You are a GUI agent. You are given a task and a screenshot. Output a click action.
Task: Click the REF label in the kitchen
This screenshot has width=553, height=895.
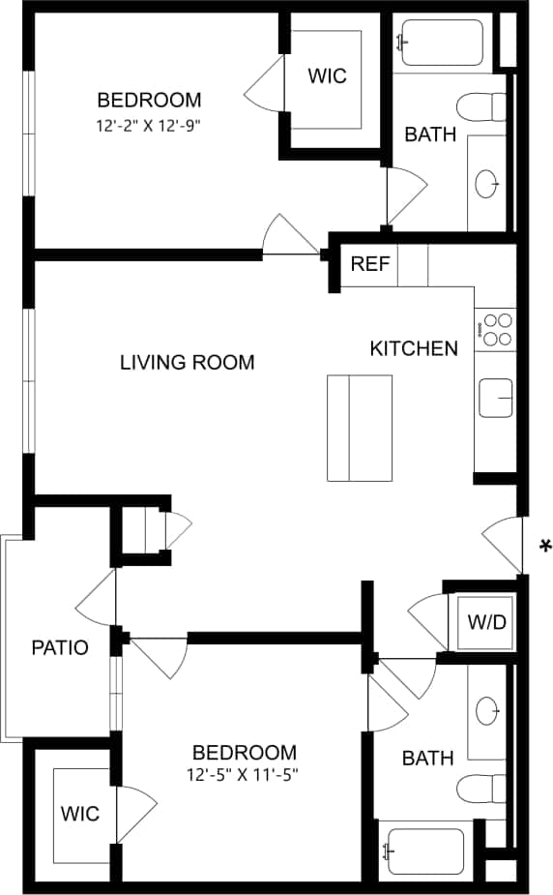(x=369, y=264)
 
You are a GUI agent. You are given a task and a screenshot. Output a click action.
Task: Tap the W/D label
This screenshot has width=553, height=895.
(x=486, y=621)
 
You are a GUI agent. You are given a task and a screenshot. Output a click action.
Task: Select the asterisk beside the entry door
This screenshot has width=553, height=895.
(x=545, y=548)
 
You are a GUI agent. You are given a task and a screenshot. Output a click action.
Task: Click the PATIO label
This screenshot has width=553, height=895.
(x=60, y=647)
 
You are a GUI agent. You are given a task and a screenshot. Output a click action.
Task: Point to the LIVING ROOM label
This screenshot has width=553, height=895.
(x=187, y=363)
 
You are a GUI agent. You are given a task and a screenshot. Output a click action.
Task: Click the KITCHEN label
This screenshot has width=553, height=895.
(x=414, y=348)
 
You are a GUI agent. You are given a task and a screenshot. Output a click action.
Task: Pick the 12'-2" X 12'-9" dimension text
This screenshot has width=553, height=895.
(x=149, y=125)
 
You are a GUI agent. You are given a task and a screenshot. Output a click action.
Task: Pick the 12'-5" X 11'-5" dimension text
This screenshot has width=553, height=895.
(x=243, y=774)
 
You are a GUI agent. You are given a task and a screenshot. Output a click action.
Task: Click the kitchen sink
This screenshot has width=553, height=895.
(x=496, y=398)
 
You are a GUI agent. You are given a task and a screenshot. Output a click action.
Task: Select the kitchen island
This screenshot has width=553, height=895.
(x=360, y=428)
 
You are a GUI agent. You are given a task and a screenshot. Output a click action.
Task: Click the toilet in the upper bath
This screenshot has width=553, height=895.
(x=483, y=104)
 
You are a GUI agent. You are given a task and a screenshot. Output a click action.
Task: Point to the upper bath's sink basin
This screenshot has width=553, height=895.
(x=489, y=182)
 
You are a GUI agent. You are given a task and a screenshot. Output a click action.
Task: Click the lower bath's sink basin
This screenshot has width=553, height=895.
(x=489, y=710)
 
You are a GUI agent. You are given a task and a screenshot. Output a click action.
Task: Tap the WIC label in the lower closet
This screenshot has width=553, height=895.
(x=80, y=814)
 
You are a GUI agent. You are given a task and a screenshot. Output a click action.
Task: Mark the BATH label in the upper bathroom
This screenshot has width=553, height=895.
(x=430, y=134)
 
